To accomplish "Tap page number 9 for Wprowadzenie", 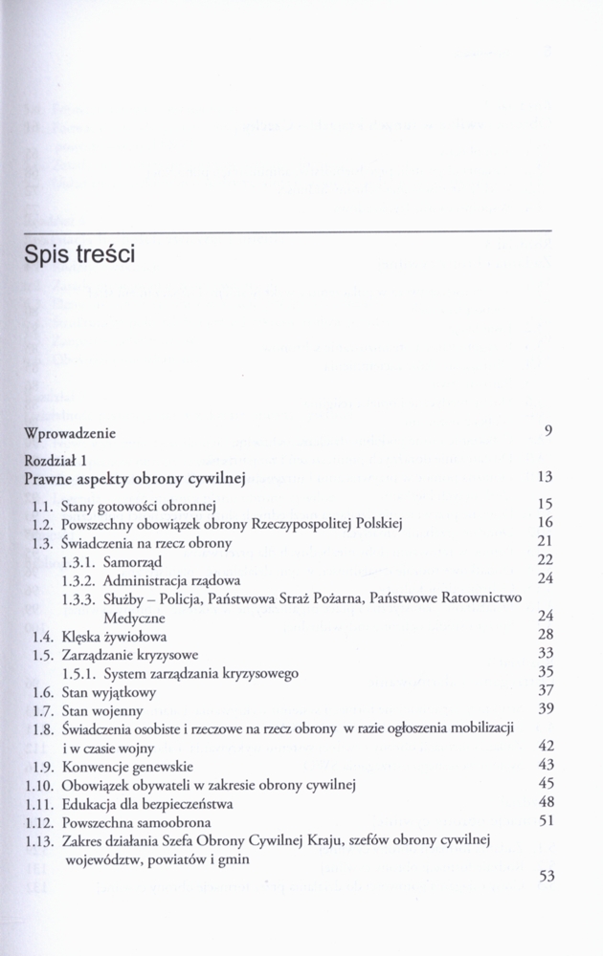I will coord(548,431).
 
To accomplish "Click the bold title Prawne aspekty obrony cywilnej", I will coord(135,478).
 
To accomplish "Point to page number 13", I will coord(546,477).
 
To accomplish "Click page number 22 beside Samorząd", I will coord(546,560).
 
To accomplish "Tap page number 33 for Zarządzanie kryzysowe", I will coord(546,654).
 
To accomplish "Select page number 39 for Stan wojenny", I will coord(546,709).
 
